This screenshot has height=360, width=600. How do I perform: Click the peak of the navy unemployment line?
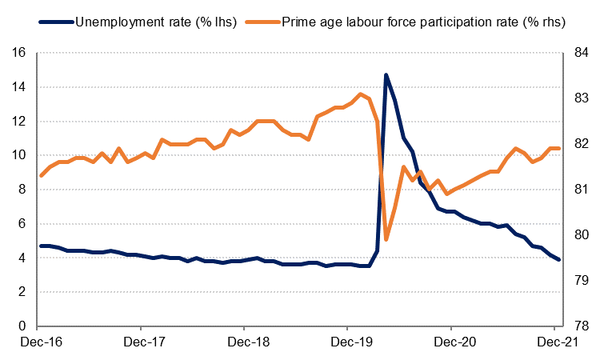(386, 75)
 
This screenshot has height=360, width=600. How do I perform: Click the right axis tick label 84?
(580, 53)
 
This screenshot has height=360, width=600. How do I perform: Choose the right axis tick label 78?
(580, 326)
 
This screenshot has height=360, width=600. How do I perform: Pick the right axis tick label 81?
(580, 190)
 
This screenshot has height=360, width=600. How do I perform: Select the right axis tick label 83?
(580, 98)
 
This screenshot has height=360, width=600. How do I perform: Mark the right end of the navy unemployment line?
(559, 260)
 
